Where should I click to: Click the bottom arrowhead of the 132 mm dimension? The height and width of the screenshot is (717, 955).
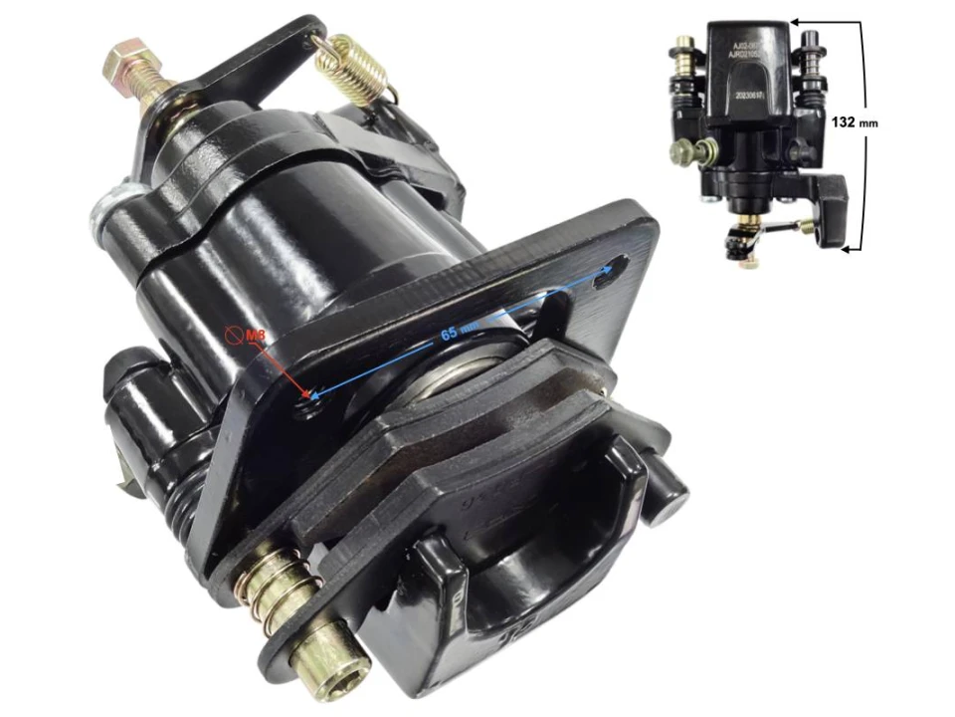[x=846, y=250]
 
